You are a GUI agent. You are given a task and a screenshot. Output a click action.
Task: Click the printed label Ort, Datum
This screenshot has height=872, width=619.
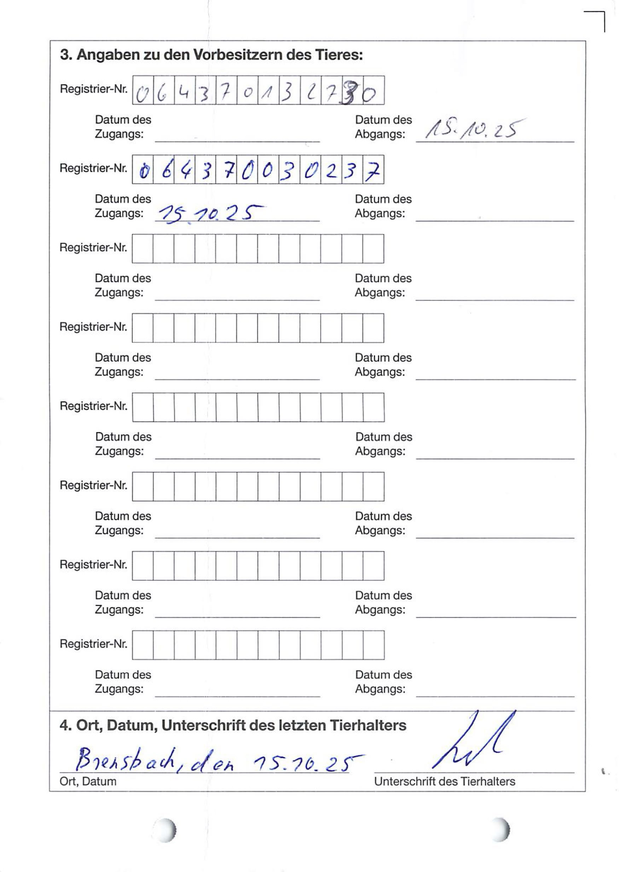tap(88, 782)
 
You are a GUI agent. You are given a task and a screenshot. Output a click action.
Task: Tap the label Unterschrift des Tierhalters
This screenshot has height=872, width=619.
tap(444, 782)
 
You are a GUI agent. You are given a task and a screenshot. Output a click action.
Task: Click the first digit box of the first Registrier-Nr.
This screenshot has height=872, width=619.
tap(143, 91)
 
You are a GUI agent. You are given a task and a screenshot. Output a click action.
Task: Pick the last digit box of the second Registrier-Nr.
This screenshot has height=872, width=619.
tap(373, 170)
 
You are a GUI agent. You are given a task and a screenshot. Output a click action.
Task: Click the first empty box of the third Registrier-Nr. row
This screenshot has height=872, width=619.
tap(143, 249)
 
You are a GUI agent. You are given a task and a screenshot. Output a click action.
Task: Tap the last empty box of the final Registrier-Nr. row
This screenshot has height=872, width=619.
tap(374, 645)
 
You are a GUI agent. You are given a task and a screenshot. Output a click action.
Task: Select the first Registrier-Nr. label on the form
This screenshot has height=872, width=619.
tap(93, 89)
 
